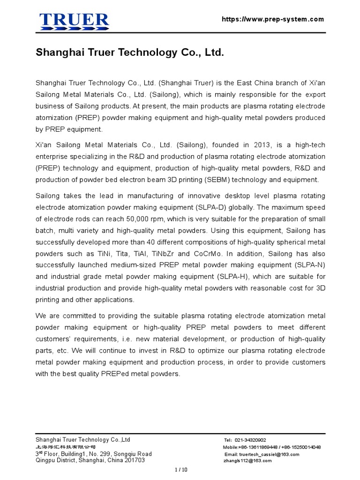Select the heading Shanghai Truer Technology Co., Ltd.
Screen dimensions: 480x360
click(130, 53)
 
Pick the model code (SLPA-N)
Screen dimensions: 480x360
click(307, 265)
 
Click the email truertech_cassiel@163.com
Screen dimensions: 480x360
click(269, 454)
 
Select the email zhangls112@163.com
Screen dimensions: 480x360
click(248, 461)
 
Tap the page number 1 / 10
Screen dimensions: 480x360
click(180, 470)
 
